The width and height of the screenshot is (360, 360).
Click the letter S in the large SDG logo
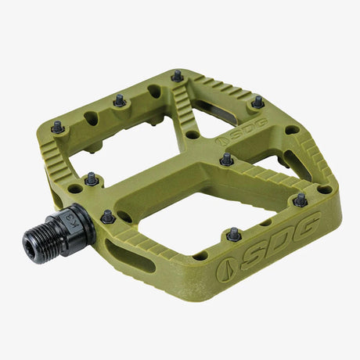click(x=260, y=247)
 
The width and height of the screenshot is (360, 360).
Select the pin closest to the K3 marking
click(x=108, y=215)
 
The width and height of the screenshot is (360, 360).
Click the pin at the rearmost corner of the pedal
click(x=177, y=76)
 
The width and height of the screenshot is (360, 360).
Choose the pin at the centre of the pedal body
click(x=226, y=159)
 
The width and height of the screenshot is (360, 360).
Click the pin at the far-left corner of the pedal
click(x=57, y=125)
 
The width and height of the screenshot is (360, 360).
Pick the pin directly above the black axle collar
click(x=92, y=178)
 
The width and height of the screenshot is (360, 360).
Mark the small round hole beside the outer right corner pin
click(x=323, y=189)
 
